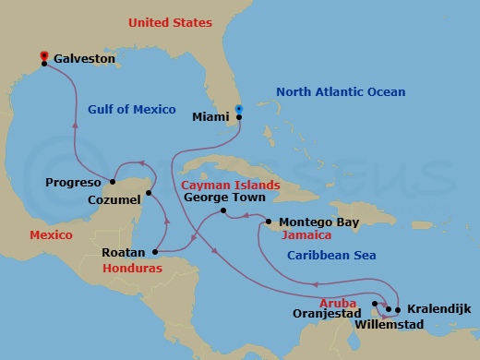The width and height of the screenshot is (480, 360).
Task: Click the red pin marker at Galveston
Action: pyautogui.click(x=43, y=56)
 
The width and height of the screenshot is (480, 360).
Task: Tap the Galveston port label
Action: pyautogui.click(x=85, y=58)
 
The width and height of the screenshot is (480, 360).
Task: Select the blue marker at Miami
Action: pyautogui.click(x=238, y=109)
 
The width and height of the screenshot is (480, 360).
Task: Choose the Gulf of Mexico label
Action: pyautogui.click(x=131, y=109)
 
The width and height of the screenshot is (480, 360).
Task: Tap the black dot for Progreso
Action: pyautogui.click(x=112, y=182)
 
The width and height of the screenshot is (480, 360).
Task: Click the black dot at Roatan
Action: pyautogui.click(x=153, y=250)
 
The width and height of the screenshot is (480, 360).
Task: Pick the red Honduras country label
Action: pyautogui.click(x=132, y=268)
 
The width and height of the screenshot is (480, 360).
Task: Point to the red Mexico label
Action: pyautogui.click(x=51, y=235)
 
